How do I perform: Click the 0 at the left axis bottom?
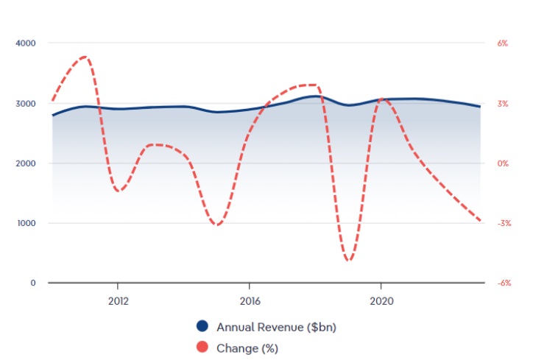click(33, 283)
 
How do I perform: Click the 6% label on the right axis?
click(503, 43)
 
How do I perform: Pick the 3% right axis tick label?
click(503, 104)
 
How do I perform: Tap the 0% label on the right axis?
click(503, 163)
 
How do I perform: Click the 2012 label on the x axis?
click(118, 300)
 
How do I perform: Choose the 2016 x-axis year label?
click(250, 300)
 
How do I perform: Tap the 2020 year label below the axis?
click(381, 300)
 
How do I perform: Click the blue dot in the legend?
click(202, 326)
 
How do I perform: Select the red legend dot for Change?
click(202, 347)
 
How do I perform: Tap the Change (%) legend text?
click(247, 347)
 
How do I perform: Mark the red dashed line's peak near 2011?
click(85, 57)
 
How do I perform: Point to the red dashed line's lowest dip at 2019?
click(348, 260)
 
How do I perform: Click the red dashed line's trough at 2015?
click(216, 225)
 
